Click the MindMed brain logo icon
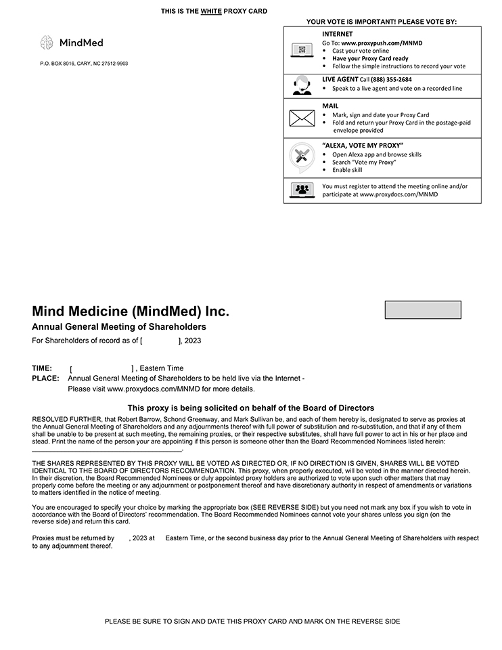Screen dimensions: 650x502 click(47, 43)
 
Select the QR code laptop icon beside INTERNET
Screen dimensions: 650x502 click(302, 50)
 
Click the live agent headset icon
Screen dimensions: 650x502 click(302, 85)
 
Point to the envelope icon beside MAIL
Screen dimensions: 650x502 click(302, 118)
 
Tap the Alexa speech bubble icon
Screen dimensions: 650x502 click(301, 156)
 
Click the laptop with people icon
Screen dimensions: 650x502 click(302, 190)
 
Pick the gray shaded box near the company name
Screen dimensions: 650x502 click(423, 310)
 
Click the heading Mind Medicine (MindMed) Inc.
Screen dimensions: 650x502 click(131, 312)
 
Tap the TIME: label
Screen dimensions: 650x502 click(42, 368)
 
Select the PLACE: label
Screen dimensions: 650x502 click(45, 378)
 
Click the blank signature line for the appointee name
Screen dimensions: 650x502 click(107, 450)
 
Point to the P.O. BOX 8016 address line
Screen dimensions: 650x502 click(84, 64)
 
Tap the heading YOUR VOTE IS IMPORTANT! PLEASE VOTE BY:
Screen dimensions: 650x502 click(382, 22)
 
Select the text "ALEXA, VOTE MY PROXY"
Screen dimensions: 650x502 click(363, 146)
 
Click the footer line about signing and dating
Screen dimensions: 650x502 click(252, 622)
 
